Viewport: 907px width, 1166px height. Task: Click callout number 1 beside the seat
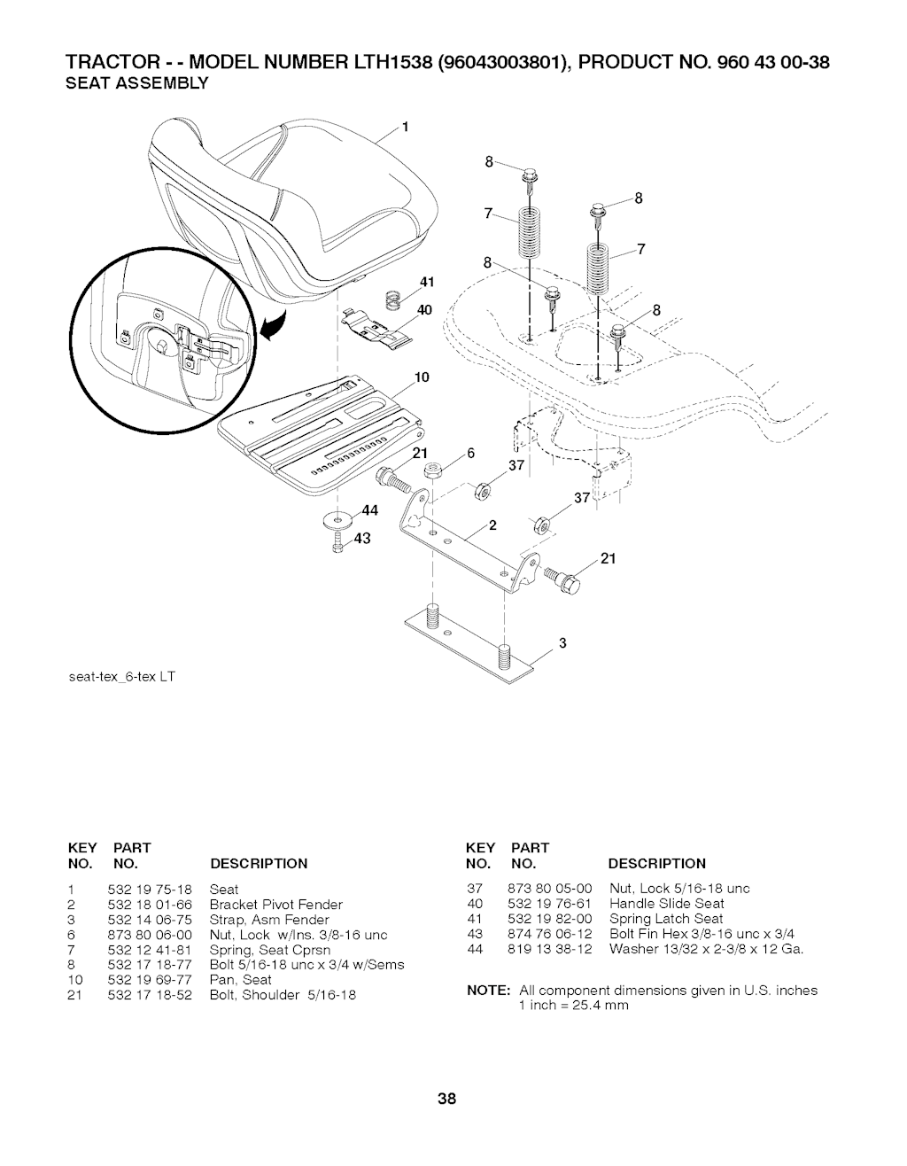pos(406,128)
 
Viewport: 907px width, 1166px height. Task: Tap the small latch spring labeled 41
pos(394,299)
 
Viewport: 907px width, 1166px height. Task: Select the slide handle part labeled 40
pos(377,329)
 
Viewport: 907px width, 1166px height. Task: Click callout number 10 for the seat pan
pos(422,377)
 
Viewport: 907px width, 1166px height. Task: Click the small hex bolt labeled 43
pos(337,542)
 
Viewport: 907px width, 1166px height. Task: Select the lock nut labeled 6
pos(432,472)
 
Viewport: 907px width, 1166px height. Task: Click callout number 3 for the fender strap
pos(562,643)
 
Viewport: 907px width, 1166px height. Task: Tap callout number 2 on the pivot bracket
pos(492,525)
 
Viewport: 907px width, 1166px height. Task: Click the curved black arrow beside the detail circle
pos(274,327)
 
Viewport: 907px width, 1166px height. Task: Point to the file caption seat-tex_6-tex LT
pos(122,677)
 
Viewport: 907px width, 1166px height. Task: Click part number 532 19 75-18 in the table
pos(150,890)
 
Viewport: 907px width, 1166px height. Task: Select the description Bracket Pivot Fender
pos(275,905)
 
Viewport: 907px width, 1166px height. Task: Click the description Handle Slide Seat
pos(667,904)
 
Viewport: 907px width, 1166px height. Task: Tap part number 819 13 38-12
pos(550,949)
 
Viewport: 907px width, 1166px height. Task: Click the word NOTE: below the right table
pos(488,990)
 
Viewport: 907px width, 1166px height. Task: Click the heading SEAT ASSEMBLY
pos(136,83)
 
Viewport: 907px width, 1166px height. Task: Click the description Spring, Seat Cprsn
pos(270,951)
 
